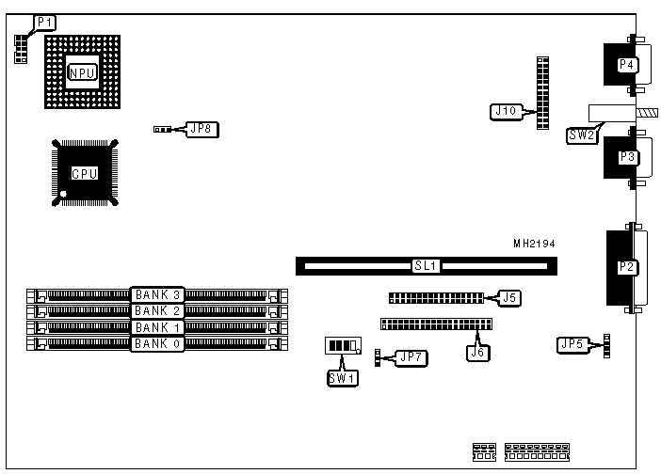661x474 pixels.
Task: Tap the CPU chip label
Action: [x=85, y=173]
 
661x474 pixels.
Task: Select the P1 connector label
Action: [x=44, y=21]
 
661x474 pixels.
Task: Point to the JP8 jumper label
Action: [x=201, y=129]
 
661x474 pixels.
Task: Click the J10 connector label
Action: [x=506, y=111]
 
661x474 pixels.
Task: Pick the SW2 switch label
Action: [x=581, y=135]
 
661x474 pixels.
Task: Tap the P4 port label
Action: [x=626, y=64]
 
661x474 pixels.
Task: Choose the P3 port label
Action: [x=626, y=157]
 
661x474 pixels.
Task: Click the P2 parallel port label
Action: [x=626, y=267]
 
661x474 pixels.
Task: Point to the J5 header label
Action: [x=509, y=298]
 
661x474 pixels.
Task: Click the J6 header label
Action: [x=477, y=353]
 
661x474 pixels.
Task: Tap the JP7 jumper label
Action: [x=411, y=357]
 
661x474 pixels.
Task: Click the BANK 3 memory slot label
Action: [x=156, y=295]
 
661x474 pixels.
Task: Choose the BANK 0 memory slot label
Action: [x=156, y=343]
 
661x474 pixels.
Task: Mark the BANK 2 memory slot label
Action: [x=156, y=310]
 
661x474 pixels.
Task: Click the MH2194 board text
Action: [x=534, y=244]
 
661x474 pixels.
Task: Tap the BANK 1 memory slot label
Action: [x=156, y=327]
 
